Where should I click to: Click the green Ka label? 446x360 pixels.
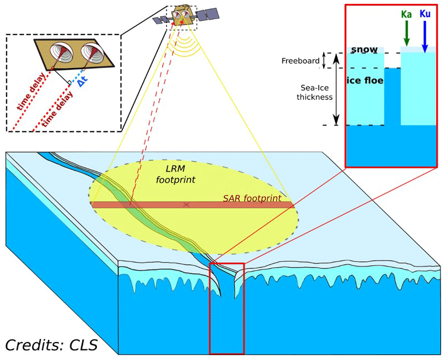pyautogui.click(x=406, y=15)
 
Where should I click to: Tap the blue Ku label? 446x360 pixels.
pyautogui.click(x=425, y=13)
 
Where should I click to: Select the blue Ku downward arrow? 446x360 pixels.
pyautogui.click(x=425, y=36)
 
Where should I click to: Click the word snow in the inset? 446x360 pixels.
pyautogui.click(x=364, y=50)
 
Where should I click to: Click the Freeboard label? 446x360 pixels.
pyautogui.click(x=300, y=61)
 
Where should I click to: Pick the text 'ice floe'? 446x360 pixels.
pyautogui.click(x=365, y=81)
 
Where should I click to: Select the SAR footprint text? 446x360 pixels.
pyautogui.click(x=252, y=198)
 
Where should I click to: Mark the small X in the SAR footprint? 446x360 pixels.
pyautogui.click(x=187, y=204)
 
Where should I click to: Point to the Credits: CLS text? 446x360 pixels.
pyautogui.click(x=51, y=345)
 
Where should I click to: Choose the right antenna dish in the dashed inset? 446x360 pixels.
pyautogui.click(x=91, y=55)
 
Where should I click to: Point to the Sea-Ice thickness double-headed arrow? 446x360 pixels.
pyautogui.click(x=336, y=96)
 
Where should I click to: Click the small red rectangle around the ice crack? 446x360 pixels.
pyautogui.click(x=227, y=309)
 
